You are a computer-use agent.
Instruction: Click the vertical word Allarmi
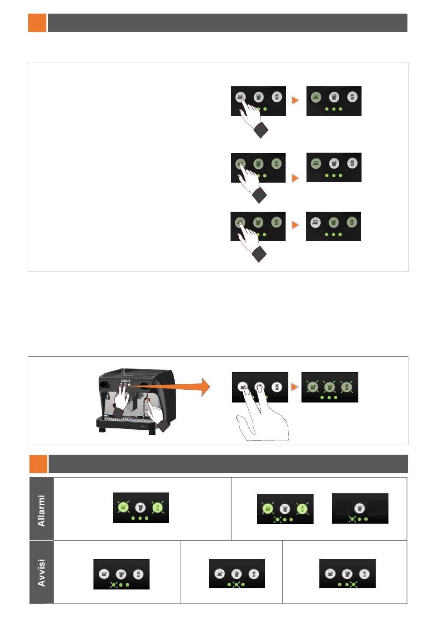tap(41, 511)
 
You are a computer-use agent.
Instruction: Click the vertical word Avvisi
tap(41, 573)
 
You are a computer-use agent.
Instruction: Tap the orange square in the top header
tap(37, 23)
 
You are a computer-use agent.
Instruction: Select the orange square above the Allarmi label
tap(38, 464)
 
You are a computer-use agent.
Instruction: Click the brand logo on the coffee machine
tap(126, 380)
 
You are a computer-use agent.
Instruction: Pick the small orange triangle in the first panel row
tap(296, 100)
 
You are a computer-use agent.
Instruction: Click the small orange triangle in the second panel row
tap(296, 178)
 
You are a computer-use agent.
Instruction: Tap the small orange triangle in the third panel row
tap(296, 225)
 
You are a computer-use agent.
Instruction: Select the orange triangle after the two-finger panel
tap(295, 387)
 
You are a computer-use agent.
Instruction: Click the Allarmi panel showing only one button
tap(360, 508)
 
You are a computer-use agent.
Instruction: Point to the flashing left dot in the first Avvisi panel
tap(114, 585)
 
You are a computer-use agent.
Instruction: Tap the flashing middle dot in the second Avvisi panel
tap(236, 584)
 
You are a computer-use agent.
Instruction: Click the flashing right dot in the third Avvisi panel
tap(353, 584)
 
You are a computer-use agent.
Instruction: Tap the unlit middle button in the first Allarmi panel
tap(141, 507)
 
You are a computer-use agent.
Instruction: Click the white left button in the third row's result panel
tap(315, 223)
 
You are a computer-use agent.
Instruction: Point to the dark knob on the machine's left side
tap(103, 385)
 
